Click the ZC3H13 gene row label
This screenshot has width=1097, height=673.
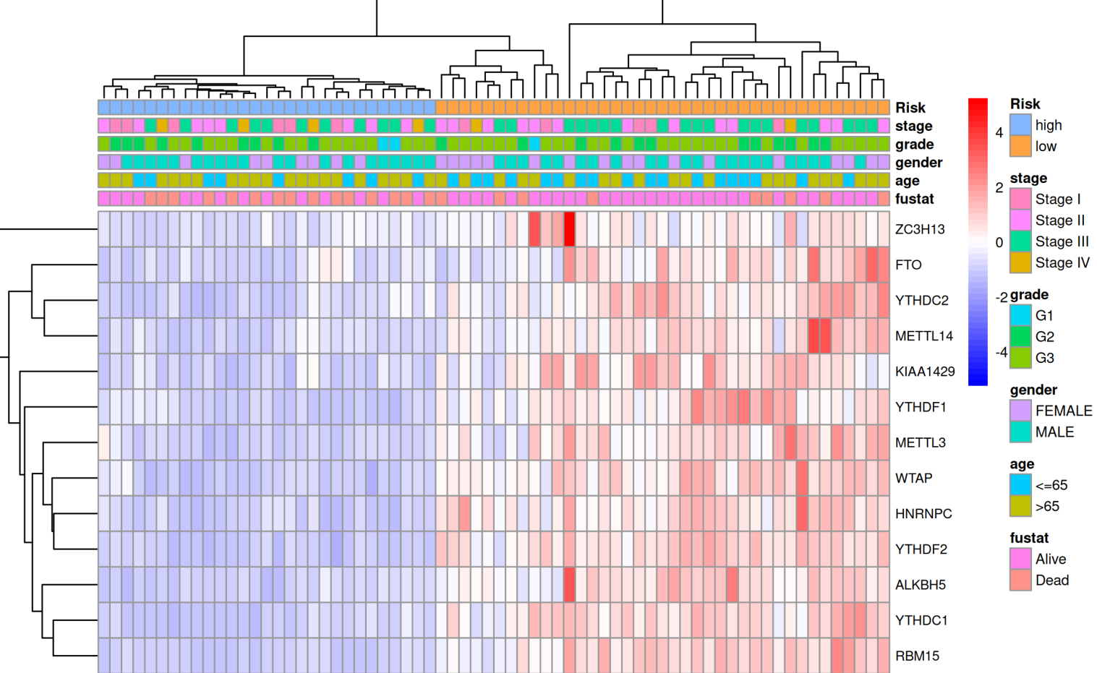[919, 229]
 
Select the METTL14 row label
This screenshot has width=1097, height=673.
[924, 336]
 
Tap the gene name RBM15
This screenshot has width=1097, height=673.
[917, 656]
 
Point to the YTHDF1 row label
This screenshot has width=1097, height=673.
[921, 407]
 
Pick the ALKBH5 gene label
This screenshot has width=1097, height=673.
[920, 585]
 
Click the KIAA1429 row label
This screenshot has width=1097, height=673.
[925, 372]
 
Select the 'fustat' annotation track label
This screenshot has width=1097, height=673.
[914, 199]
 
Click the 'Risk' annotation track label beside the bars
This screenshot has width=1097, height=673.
[910, 108]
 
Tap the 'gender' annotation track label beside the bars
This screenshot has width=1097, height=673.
[918, 163]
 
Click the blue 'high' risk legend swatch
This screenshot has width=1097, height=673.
[1020, 125]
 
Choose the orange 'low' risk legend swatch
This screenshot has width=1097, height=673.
[1020, 146]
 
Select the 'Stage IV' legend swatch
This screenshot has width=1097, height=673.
[1020, 262]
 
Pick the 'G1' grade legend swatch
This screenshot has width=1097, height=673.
[1020, 315]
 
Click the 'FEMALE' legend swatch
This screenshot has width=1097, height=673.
[1020, 411]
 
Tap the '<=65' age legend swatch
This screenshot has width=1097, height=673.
[1020, 485]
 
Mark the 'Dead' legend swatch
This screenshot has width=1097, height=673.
[1020, 580]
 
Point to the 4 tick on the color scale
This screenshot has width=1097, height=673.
[999, 133]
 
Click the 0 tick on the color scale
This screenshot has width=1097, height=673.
[999, 243]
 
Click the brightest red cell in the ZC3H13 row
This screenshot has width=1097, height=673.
[569, 229]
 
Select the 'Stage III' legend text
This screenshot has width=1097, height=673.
[1062, 241]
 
